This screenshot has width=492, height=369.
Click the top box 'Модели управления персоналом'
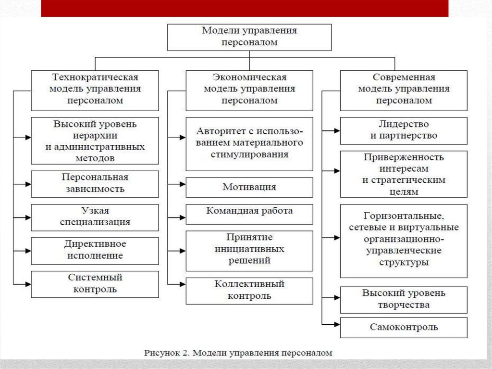[x=249, y=37]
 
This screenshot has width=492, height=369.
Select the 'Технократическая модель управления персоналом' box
[x=95, y=90]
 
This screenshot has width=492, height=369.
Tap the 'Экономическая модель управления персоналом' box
[x=249, y=90]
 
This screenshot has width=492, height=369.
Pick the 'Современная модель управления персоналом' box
[x=403, y=90]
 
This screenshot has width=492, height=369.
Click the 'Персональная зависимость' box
[x=95, y=183]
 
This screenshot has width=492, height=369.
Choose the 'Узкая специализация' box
[x=95, y=217]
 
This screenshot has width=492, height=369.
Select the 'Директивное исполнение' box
[x=95, y=250]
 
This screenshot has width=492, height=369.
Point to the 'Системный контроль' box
[x=95, y=284]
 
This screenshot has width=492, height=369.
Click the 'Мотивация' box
[x=249, y=187]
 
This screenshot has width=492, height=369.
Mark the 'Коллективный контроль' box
[x=249, y=291]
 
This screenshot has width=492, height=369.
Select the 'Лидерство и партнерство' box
[x=403, y=130]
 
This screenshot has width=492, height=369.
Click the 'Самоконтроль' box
[x=403, y=327]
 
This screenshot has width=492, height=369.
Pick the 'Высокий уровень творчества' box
[x=403, y=299]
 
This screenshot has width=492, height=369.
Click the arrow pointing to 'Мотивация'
[x=179, y=184]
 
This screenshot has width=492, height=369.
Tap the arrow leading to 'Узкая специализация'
[x=24, y=217]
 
